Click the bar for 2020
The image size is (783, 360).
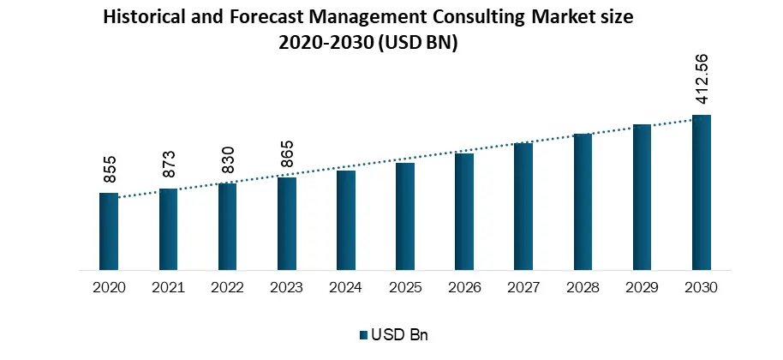109,232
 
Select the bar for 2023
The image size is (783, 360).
287,225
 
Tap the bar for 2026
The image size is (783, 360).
464,213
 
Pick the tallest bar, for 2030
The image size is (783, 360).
702,194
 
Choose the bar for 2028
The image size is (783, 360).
583,203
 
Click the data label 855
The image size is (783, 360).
110,171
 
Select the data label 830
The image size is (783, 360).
228,161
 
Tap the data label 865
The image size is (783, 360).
287,155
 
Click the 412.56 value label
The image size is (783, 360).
702,80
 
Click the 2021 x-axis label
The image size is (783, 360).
168,288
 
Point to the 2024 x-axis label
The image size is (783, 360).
346,288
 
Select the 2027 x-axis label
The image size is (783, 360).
523,288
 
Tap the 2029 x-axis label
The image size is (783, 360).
643,288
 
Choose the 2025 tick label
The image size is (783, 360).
405,288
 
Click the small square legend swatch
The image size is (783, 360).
363,335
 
